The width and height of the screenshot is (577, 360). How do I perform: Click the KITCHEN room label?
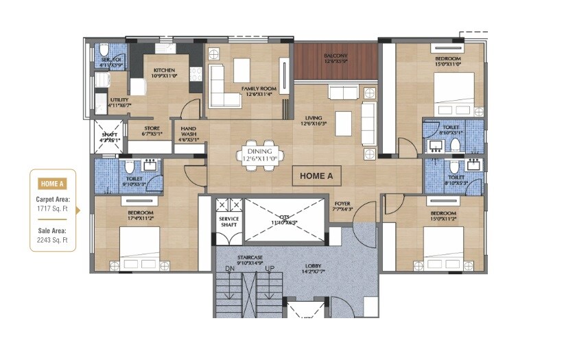165,70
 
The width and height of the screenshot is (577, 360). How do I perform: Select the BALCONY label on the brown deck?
336,56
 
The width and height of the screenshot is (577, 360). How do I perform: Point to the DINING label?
259,151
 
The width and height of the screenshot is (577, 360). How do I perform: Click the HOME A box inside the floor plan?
316,176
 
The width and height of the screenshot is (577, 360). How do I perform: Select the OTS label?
283,219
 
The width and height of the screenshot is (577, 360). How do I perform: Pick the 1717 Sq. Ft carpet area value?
53,208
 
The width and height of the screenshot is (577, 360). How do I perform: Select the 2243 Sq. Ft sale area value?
53,241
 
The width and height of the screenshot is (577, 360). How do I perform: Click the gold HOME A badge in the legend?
53,183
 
